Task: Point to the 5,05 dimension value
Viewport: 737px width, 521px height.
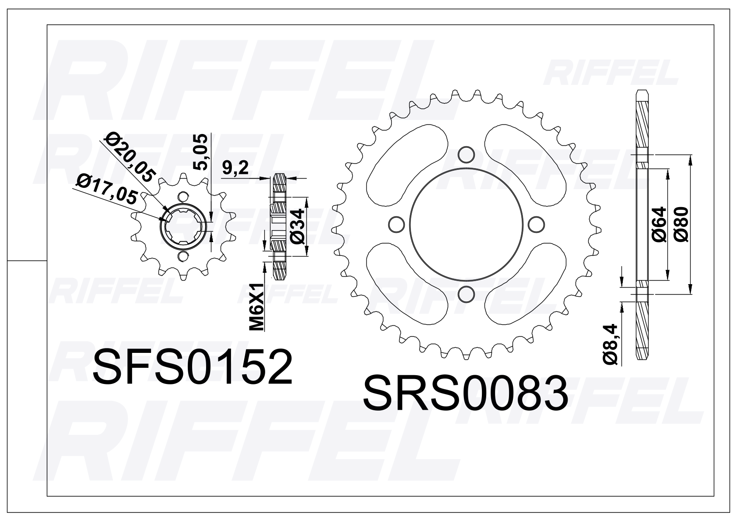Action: click(x=200, y=152)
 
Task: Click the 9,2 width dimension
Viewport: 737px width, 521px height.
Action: click(x=235, y=169)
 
